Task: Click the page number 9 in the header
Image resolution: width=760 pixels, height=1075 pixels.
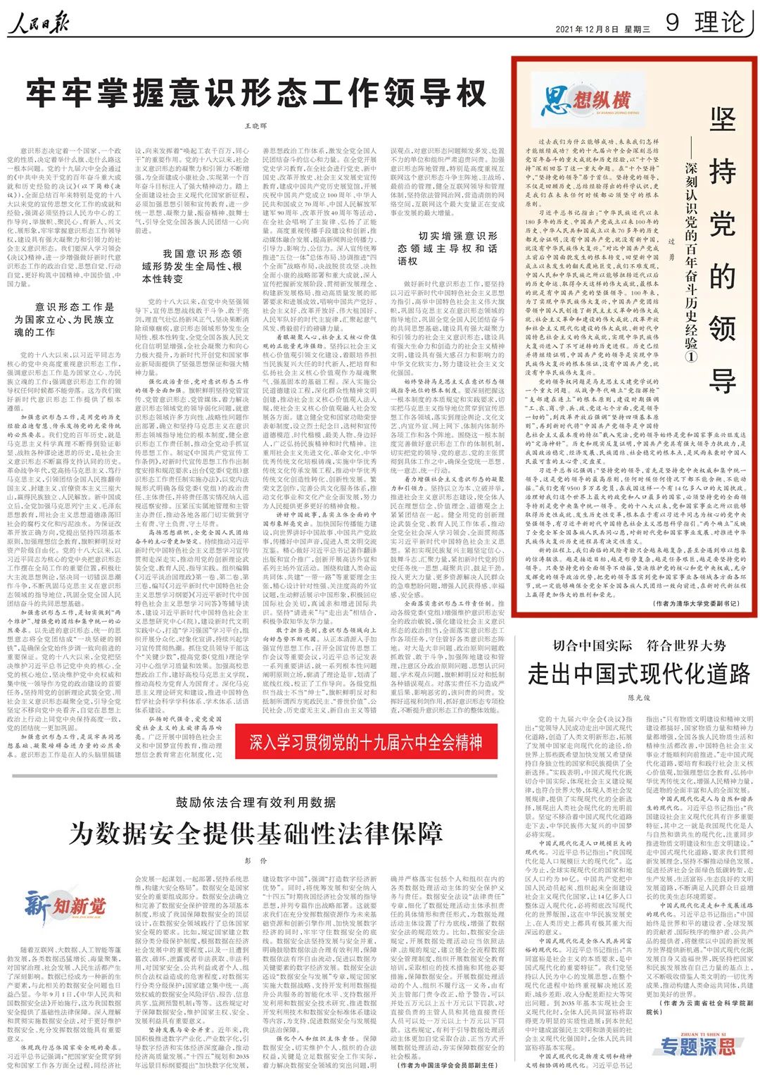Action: tap(672, 23)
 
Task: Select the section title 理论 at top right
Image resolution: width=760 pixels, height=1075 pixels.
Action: tap(719, 23)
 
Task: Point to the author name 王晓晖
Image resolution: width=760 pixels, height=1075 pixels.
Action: tap(256, 125)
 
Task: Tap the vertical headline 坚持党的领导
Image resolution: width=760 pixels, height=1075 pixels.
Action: tap(722, 250)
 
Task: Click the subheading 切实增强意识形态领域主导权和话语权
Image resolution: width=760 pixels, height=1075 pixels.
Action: tap(447, 248)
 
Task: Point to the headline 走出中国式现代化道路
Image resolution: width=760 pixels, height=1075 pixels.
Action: tap(639, 674)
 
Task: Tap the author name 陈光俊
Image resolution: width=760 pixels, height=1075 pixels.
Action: tap(639, 698)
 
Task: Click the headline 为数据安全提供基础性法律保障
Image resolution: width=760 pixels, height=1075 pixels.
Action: tap(255, 834)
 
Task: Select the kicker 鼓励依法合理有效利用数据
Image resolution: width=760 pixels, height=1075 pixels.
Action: tap(255, 803)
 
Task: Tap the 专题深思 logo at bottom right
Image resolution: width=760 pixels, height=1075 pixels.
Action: tap(697, 1045)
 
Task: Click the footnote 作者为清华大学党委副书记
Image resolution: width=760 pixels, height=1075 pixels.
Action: tap(697, 603)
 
